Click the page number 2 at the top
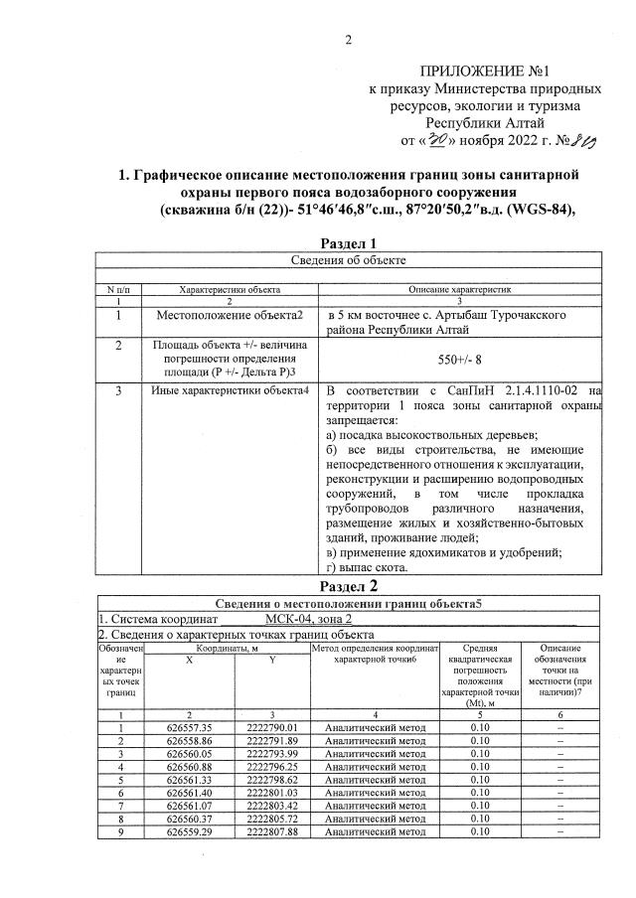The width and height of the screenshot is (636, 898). (348, 40)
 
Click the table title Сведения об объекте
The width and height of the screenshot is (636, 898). (348, 259)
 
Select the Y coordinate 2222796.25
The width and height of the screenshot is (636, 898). (271, 766)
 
